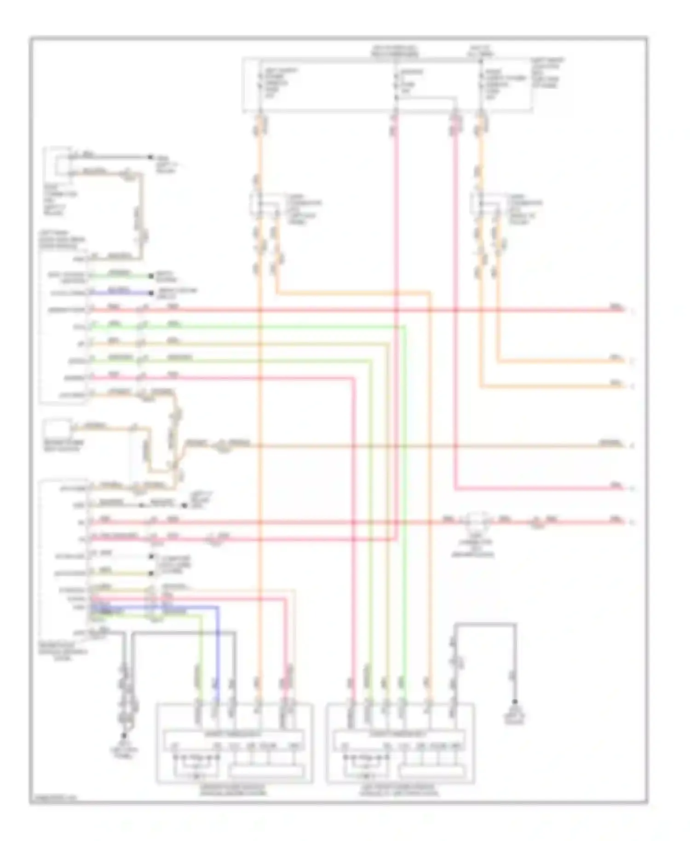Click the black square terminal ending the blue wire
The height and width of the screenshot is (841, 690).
point(151,293)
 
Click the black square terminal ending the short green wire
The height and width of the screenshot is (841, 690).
point(151,276)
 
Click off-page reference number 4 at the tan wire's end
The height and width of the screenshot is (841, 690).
point(632,445)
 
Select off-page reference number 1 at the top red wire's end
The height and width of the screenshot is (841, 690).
point(632,311)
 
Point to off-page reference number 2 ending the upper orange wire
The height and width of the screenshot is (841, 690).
point(632,362)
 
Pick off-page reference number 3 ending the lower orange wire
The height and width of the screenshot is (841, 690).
point(632,386)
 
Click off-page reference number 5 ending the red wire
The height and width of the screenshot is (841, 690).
point(632,488)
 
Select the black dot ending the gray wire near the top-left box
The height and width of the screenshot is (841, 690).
point(150,157)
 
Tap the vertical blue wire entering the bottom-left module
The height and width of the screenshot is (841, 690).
point(217,653)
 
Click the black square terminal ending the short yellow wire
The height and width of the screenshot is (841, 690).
point(151,573)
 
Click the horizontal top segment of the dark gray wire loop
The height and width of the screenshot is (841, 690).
point(485,624)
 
